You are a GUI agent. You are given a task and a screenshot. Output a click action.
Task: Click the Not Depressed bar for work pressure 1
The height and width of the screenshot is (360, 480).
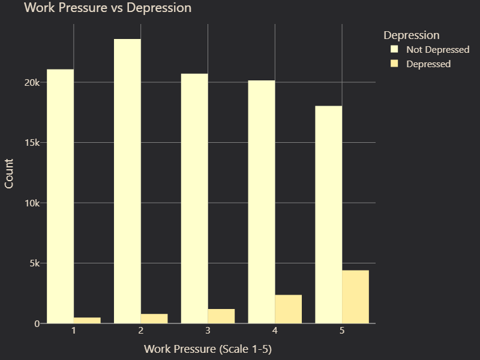(61, 196)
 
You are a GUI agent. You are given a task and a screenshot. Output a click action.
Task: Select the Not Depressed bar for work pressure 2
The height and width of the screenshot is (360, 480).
(127, 181)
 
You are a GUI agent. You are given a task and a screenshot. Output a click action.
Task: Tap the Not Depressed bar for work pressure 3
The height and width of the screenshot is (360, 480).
(194, 199)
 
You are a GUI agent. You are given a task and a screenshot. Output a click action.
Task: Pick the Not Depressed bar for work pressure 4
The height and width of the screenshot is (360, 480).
(262, 202)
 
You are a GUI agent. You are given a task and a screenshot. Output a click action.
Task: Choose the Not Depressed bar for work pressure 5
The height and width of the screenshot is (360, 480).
(329, 215)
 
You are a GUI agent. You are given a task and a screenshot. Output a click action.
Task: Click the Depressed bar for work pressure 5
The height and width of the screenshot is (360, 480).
(355, 297)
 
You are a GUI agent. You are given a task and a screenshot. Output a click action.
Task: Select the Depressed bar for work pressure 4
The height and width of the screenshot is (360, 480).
(289, 309)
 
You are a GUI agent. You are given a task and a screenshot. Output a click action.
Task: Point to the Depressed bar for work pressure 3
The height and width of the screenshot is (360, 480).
(221, 316)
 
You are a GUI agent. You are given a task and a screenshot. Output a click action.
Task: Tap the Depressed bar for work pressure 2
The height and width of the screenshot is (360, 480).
(154, 319)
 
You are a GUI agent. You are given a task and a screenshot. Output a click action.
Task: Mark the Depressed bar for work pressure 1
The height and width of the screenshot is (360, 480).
(87, 320)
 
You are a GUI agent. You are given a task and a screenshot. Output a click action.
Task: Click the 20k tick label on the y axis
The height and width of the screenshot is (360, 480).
(31, 82)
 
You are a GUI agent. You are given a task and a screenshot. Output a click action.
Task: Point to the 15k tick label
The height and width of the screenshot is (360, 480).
(31, 143)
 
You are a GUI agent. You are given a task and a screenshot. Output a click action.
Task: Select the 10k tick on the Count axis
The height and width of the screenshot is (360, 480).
(31, 203)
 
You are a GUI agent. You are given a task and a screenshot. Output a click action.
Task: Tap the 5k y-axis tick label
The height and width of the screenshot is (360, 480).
(34, 263)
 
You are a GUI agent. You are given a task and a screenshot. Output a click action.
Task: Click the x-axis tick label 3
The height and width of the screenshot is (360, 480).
(208, 331)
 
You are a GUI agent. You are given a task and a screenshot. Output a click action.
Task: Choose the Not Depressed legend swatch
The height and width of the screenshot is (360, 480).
(395, 49)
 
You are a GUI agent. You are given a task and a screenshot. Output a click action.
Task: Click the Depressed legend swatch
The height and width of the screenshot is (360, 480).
(395, 64)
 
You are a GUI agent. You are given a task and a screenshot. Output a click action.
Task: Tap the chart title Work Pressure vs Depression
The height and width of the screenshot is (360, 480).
(107, 8)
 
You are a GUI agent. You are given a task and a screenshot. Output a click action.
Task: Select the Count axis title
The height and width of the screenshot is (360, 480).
(9, 173)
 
